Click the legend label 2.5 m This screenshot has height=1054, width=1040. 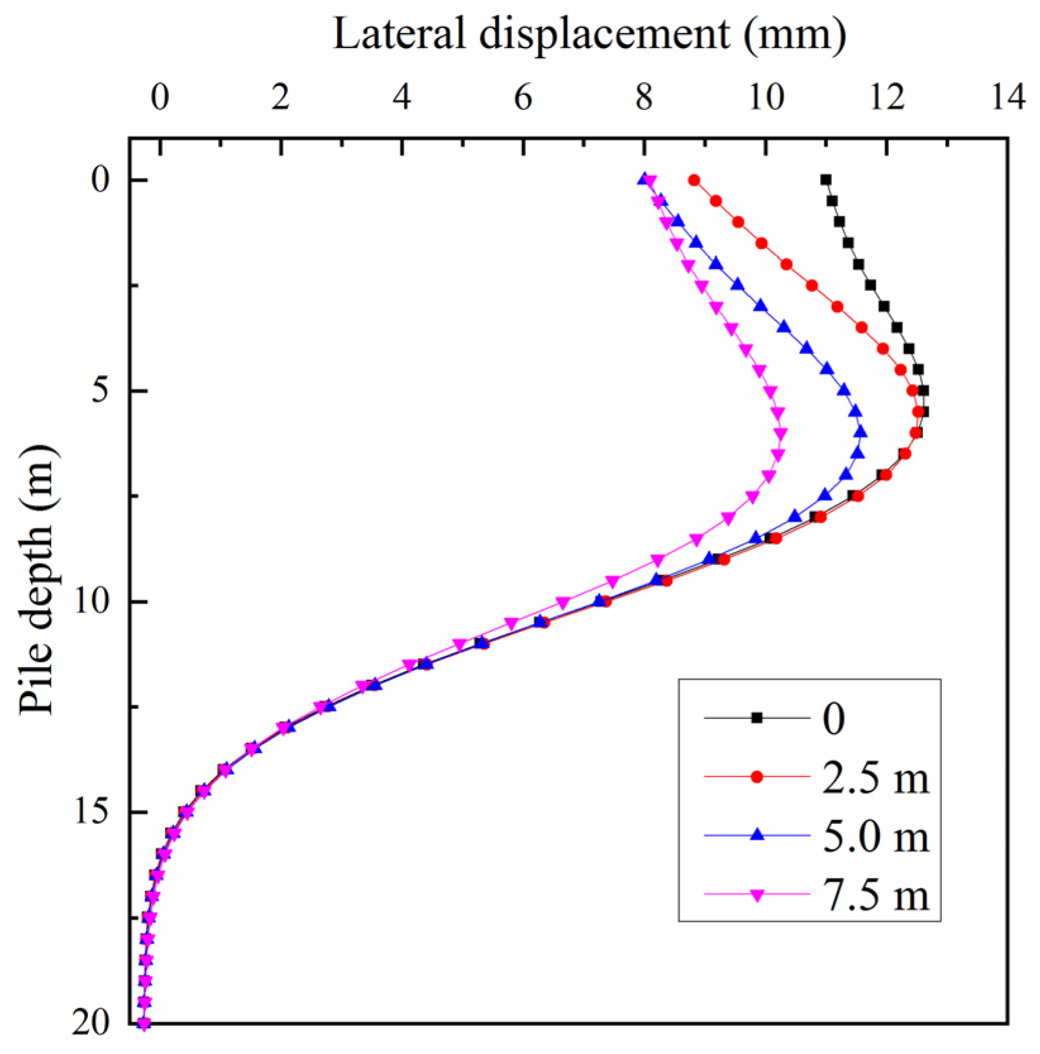click(x=876, y=777)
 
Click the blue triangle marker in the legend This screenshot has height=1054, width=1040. click(x=757, y=835)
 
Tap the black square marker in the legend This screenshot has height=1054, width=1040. click(x=757, y=718)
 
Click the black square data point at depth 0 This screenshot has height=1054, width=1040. click(x=826, y=180)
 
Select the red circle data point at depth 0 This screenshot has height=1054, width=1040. click(x=694, y=180)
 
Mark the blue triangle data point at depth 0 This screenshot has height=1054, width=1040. click(x=644, y=179)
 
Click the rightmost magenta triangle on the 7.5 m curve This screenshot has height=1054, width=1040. click(x=781, y=434)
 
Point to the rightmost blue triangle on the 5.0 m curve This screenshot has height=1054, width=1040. click(x=860, y=432)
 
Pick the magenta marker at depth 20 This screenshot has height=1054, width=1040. click(x=144, y=1024)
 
